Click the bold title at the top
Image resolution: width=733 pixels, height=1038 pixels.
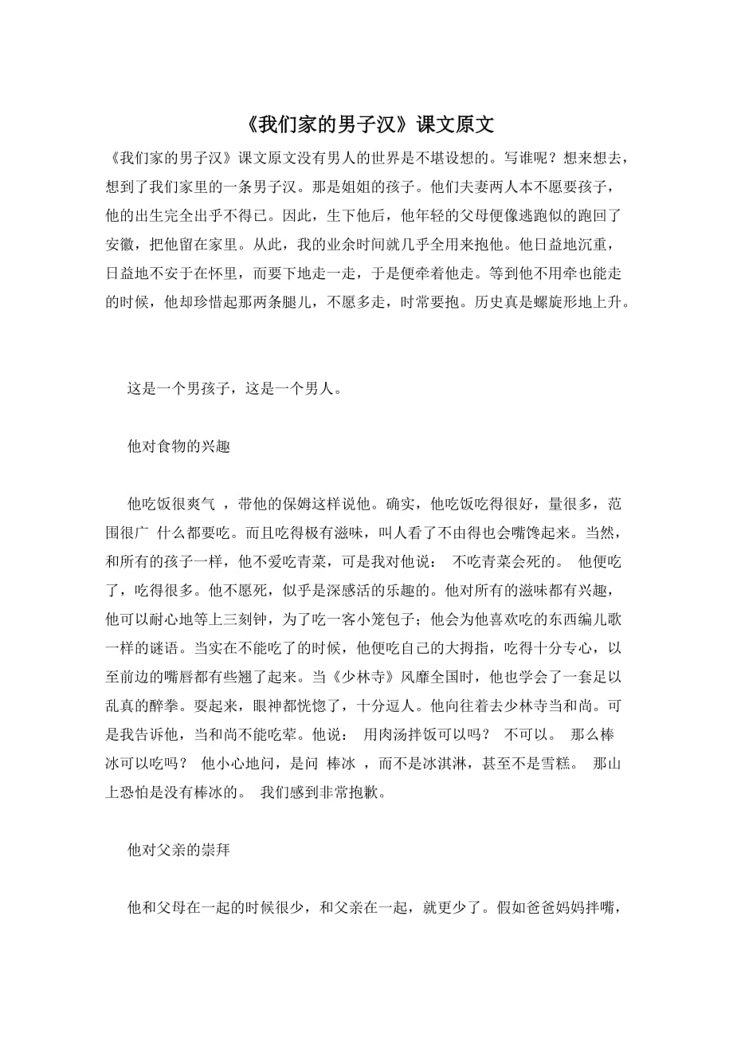coord(366,125)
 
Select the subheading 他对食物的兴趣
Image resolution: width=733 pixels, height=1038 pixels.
coord(178,447)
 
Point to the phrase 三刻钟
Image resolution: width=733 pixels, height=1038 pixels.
coord(259,618)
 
